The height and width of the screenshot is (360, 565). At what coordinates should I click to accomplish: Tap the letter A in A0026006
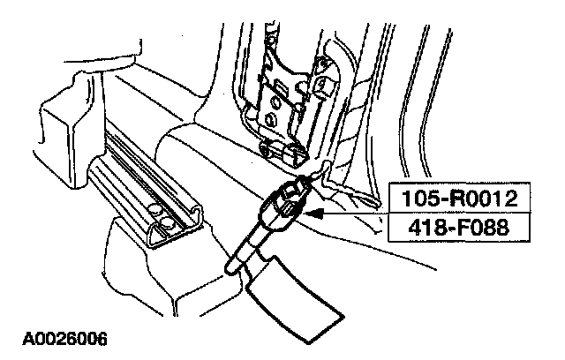(20, 338)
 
